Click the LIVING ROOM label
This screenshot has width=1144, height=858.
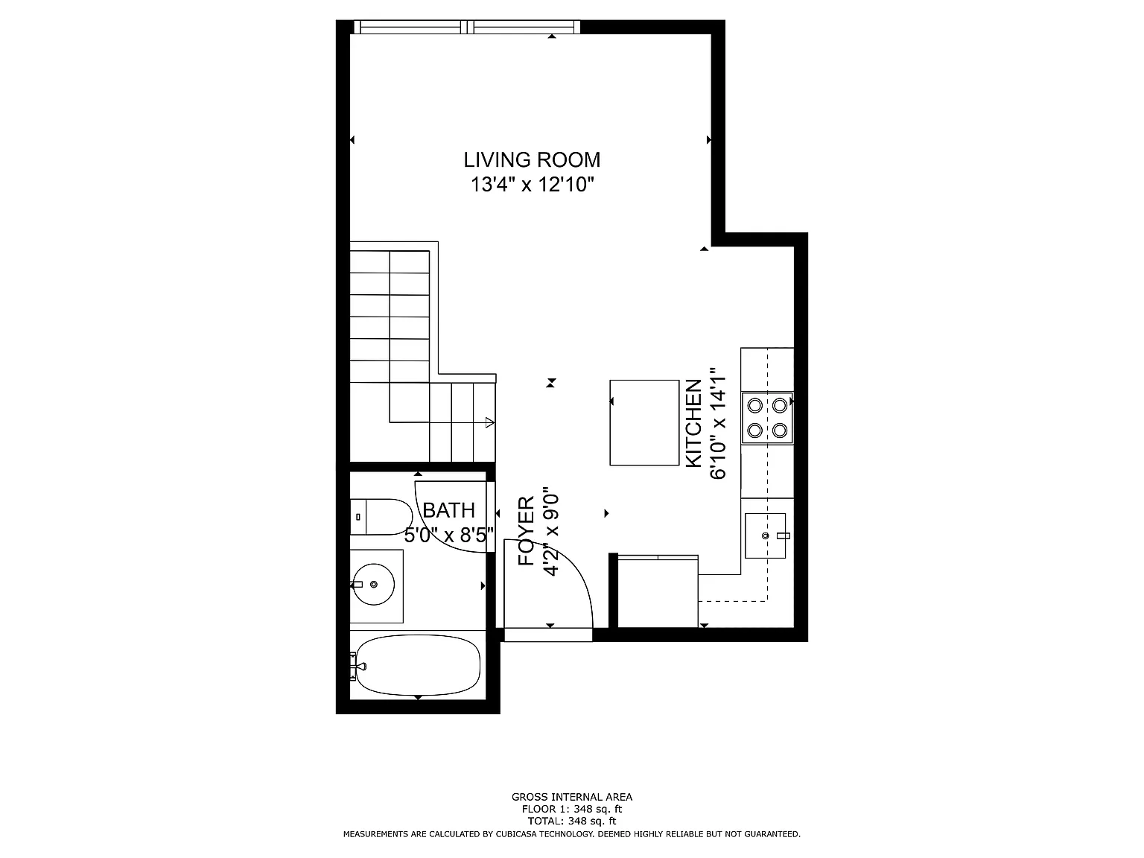(532, 159)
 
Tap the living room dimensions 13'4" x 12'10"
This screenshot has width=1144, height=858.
(532, 185)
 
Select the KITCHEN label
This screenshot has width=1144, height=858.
(693, 423)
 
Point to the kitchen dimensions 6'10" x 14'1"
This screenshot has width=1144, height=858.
(718, 423)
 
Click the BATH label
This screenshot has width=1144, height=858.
(449, 510)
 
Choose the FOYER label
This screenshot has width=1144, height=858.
(527, 531)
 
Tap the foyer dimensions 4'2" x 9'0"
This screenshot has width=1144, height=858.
(551, 531)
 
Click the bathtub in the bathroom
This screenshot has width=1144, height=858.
(418, 665)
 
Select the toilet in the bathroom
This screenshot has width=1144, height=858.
(381, 517)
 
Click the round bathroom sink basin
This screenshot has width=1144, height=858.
(373, 585)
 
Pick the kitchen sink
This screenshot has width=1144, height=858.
(765, 536)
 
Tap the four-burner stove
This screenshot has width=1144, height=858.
(767, 418)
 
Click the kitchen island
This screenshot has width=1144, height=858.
(644, 422)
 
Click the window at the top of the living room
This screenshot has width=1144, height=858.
(467, 27)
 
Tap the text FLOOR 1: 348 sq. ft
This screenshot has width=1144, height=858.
(572, 809)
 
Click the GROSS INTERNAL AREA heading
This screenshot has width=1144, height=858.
(572, 796)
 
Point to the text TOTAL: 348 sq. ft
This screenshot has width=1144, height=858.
(572, 821)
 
